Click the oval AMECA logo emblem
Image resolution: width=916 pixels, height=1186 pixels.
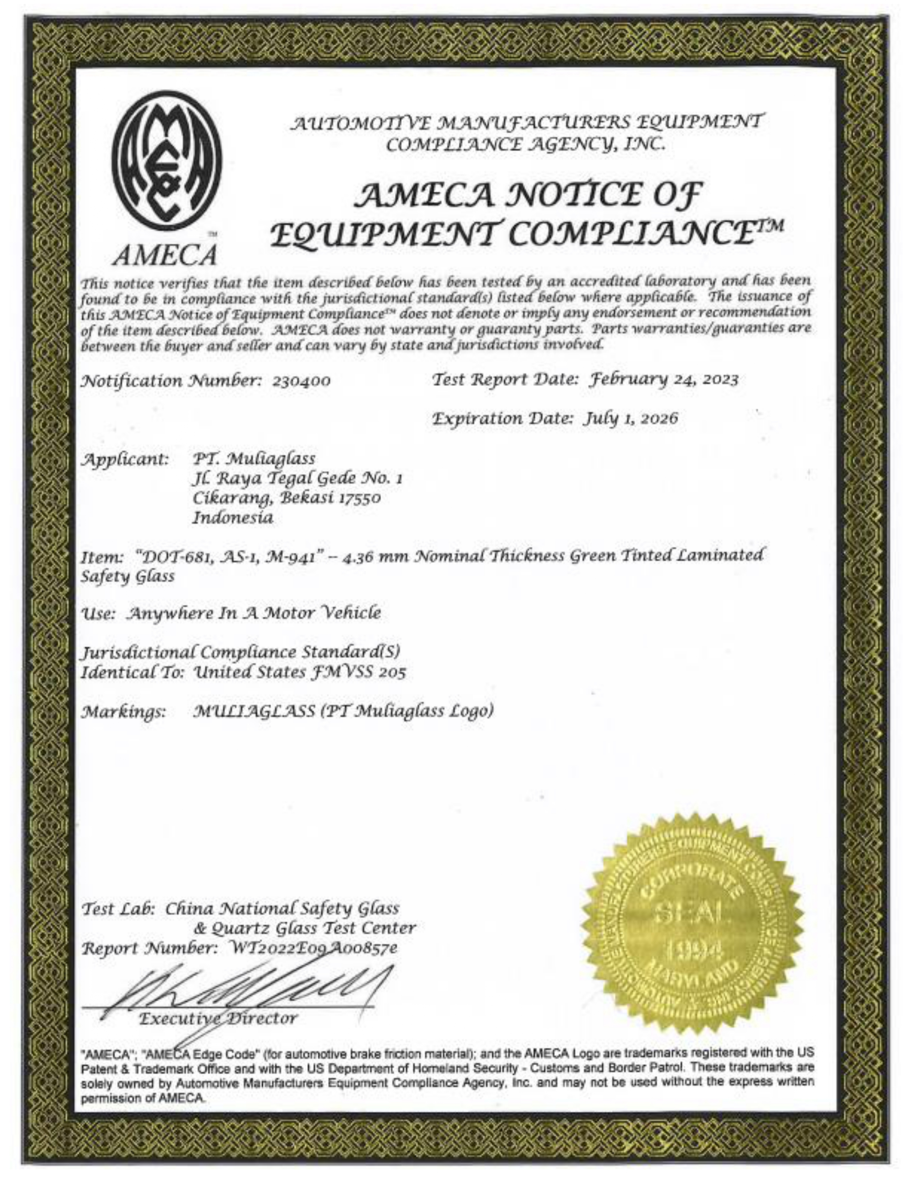[x=167, y=168]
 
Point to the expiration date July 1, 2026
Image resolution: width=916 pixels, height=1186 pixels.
[x=630, y=419]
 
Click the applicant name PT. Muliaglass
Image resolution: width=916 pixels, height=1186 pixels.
[x=255, y=459]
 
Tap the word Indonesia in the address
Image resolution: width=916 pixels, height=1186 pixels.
[x=233, y=518]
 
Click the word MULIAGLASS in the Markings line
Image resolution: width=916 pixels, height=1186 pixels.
[x=255, y=711]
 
